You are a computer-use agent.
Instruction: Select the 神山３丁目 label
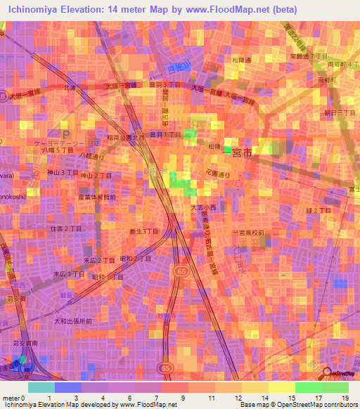coord(61,171)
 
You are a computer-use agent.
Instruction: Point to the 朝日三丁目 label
coord(339,112)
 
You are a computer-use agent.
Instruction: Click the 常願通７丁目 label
coord(309,56)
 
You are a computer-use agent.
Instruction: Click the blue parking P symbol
coord(66,134)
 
